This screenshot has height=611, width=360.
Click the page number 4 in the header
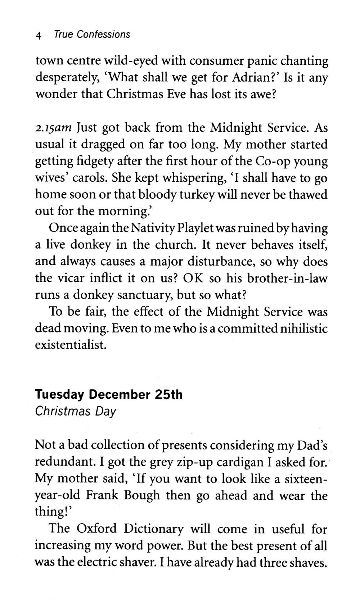pyautogui.click(x=39, y=35)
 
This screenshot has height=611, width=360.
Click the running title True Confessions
pyautogui.click(x=92, y=35)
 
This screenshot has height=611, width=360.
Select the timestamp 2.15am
pyautogui.click(x=53, y=128)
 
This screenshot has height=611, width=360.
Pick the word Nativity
pyautogui.click(x=152, y=228)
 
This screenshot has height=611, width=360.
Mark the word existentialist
pyautogui.click(x=71, y=345)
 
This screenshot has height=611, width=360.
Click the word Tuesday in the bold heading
pyautogui.click(x=59, y=395)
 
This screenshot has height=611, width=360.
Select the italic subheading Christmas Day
pyautogui.click(x=75, y=411)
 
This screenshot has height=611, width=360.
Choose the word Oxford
pyautogui.click(x=97, y=529)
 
